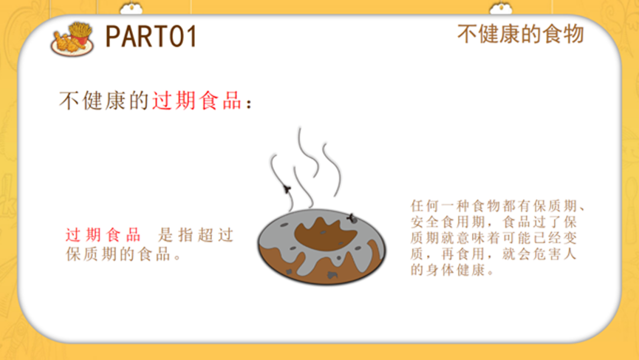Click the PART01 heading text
(x=151, y=36)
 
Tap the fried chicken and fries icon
(x=72, y=39)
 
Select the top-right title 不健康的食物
(x=520, y=34)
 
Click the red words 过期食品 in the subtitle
(x=197, y=101)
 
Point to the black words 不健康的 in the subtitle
(x=104, y=101)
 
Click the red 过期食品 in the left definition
(x=103, y=235)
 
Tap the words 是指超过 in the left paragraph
(x=196, y=235)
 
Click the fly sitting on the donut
(x=352, y=219)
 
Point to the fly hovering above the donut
(x=287, y=189)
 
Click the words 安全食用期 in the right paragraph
(x=448, y=223)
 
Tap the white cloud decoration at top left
(x=131, y=8)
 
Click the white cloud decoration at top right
(x=501, y=8)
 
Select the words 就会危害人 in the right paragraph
(x=539, y=254)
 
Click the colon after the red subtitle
(x=249, y=104)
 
